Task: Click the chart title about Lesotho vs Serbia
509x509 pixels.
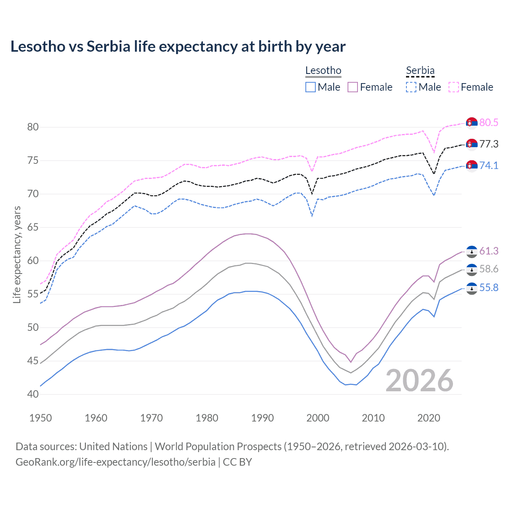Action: point(178,47)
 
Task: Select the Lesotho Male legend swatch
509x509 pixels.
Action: point(311,87)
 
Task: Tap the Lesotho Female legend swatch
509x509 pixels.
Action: point(353,87)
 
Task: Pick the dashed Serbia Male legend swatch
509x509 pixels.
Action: point(411,87)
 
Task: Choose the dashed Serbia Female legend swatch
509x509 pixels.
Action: point(454,87)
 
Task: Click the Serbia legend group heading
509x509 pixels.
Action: point(420,71)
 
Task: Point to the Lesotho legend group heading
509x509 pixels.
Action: point(323,71)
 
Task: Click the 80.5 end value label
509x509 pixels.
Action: point(489,122)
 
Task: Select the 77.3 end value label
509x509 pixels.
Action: point(489,144)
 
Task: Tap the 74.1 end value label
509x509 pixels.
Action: point(489,165)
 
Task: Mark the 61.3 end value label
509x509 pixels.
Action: point(489,251)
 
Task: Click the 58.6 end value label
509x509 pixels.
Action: point(489,269)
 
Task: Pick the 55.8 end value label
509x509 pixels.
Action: point(489,288)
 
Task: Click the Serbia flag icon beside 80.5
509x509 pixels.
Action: point(472,123)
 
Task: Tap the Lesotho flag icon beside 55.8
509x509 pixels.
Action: point(472,288)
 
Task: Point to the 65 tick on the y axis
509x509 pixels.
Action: point(33,227)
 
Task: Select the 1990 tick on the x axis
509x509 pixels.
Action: point(262,418)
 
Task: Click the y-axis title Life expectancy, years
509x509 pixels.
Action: point(17,254)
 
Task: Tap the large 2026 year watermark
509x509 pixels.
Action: point(420,381)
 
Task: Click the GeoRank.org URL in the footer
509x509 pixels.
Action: point(115,462)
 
